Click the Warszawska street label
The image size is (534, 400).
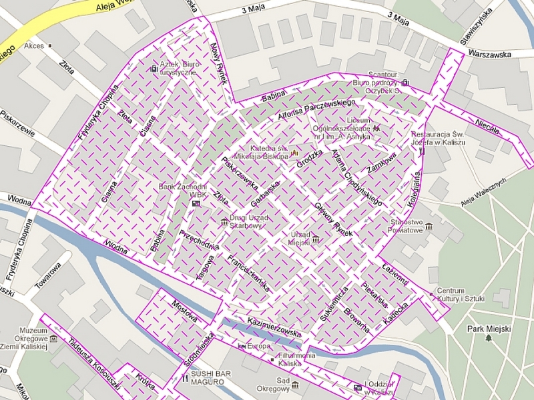pos(489,53)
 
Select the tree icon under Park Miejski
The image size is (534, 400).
pos(488,339)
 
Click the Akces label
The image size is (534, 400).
pos(33,47)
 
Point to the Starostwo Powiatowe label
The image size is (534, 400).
pos(406,226)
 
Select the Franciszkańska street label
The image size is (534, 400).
pos(248,274)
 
